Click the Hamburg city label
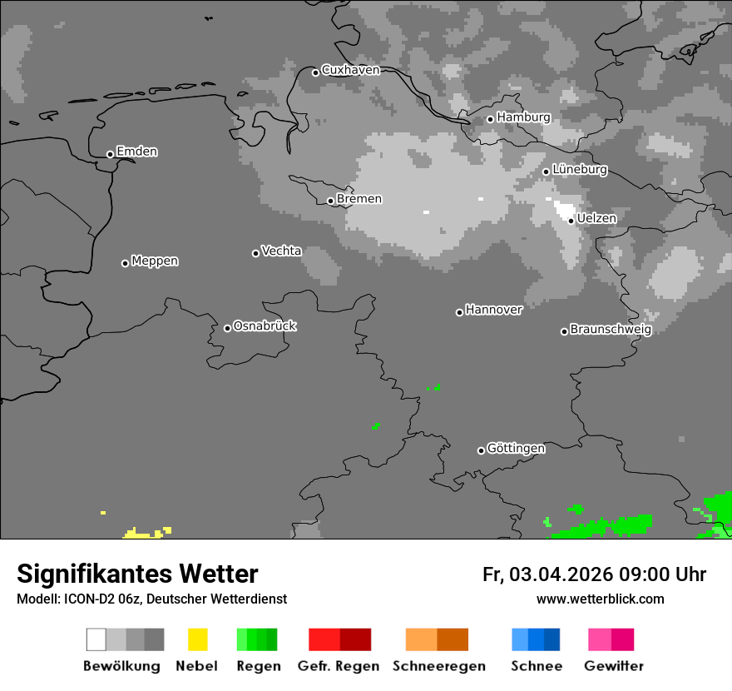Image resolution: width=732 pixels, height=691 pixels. [x=523, y=117]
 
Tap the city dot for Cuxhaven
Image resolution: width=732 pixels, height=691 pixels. [x=315, y=72]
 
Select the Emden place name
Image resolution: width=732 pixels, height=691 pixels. [x=136, y=152]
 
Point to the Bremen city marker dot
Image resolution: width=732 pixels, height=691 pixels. [x=330, y=201]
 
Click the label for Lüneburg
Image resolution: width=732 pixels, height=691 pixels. [x=579, y=169]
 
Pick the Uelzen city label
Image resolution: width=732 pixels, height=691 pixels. [x=596, y=218]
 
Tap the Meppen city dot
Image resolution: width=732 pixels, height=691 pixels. [x=125, y=263]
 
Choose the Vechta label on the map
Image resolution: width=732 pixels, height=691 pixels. [x=281, y=251]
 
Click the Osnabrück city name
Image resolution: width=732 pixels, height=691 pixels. [x=265, y=326]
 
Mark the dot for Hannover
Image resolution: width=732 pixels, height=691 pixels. [x=459, y=312]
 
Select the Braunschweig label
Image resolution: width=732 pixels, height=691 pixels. [x=611, y=329]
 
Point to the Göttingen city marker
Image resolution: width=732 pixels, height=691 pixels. [x=481, y=450]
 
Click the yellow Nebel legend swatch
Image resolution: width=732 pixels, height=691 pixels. [x=197, y=639]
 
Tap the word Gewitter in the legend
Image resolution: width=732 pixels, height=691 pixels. [x=614, y=666]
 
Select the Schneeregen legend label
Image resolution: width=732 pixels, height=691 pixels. [x=438, y=666]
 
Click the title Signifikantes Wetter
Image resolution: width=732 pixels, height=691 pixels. [x=137, y=574]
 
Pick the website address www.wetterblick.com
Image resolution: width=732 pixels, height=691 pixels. [x=600, y=599]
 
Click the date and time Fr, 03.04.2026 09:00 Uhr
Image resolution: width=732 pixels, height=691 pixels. [x=594, y=574]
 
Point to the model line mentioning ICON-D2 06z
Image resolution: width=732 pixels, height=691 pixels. [x=151, y=599]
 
